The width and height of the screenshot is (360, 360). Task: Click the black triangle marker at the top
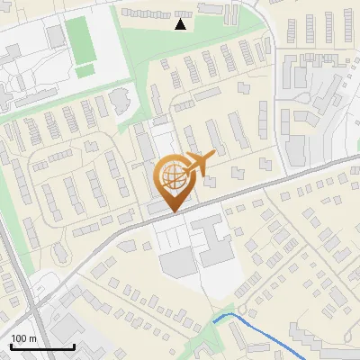pyautogui.click(x=181, y=24)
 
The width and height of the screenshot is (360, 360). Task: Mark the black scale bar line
pyautogui.click(x=42, y=346)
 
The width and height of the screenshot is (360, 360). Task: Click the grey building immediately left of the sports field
pyautogui.click(x=57, y=36)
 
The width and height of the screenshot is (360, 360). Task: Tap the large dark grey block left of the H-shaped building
pyautogui.click(x=177, y=262)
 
